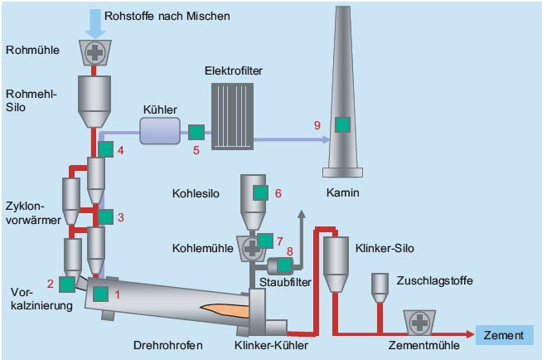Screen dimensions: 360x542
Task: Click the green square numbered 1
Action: click(101, 293)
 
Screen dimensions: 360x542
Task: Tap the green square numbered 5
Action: click(196, 132)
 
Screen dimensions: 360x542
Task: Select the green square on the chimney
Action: click(341, 124)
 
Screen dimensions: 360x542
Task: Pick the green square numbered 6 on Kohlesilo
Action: click(261, 193)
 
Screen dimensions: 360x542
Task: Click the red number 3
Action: click(121, 217)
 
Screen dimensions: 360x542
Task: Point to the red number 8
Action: click(290, 250)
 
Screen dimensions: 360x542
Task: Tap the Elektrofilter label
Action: click(234, 72)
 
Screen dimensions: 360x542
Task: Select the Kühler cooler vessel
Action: click(161, 130)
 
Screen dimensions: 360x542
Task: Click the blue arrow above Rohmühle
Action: click(95, 25)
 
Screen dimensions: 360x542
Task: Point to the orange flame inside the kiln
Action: click(220, 311)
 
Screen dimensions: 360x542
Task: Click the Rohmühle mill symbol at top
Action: click(95, 52)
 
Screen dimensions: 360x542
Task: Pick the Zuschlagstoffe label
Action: click(435, 281)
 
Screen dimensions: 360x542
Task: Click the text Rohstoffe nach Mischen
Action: click(168, 15)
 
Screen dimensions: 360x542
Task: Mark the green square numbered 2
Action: click(67, 284)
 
